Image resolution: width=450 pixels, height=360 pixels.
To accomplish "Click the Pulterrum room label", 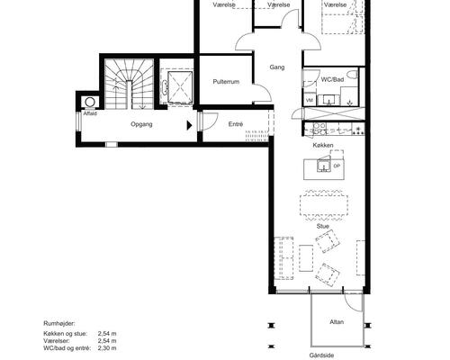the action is pos(226,82).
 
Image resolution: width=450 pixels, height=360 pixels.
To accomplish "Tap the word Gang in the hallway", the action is pos(277,67).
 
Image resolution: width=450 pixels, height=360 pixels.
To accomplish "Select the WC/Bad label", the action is pos(332,79).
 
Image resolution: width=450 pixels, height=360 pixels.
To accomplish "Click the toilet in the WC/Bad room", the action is pos(353,74).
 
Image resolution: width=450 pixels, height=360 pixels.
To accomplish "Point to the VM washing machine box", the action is pos(310,100).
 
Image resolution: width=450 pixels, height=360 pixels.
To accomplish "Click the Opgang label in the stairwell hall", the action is pos(141,124).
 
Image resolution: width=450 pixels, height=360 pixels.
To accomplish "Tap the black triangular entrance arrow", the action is pos(189,125).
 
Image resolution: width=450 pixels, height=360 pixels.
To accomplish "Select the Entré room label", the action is pos(236,124).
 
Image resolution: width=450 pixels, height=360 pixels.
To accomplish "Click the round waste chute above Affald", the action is pos(90,102).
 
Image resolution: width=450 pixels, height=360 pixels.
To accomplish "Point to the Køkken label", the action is pos(323,145).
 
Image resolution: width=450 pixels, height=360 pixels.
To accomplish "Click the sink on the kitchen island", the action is pos(323,166).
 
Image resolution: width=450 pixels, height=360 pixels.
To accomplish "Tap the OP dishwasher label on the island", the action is pos(337,166).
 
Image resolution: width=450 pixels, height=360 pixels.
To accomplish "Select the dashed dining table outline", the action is pos(324,205).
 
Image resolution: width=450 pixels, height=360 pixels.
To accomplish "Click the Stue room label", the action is pos(323,226).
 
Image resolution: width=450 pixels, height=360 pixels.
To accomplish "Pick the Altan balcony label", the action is pos(337,322).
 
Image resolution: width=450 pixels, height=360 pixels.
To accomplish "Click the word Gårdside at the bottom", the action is pos(322,355).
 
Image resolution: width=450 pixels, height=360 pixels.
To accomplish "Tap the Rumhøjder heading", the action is pos(59,323).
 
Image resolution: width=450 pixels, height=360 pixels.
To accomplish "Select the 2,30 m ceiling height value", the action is pos(107,348).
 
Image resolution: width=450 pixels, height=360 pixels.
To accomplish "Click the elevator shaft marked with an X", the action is pos(180,87).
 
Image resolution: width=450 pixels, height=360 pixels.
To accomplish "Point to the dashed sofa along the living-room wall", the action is pos(283,258).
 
